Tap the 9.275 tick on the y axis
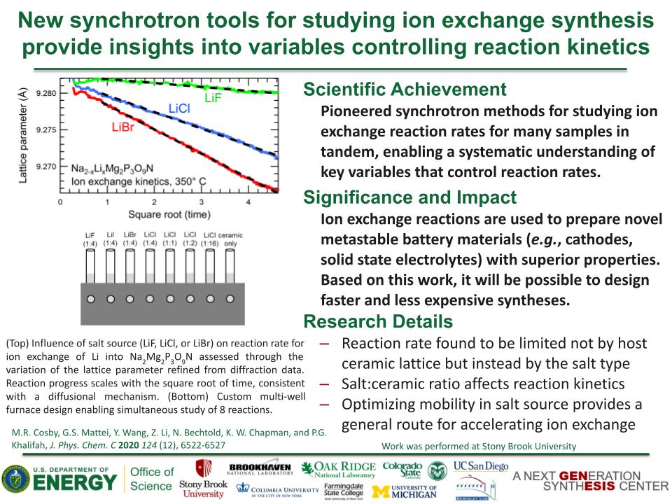(x=45, y=130)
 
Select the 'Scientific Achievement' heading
(x=404, y=90)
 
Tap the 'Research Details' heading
(x=377, y=321)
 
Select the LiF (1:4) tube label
(x=90, y=239)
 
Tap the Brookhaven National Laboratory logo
(x=260, y=470)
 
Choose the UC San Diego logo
(x=481, y=466)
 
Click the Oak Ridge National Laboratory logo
(x=339, y=470)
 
